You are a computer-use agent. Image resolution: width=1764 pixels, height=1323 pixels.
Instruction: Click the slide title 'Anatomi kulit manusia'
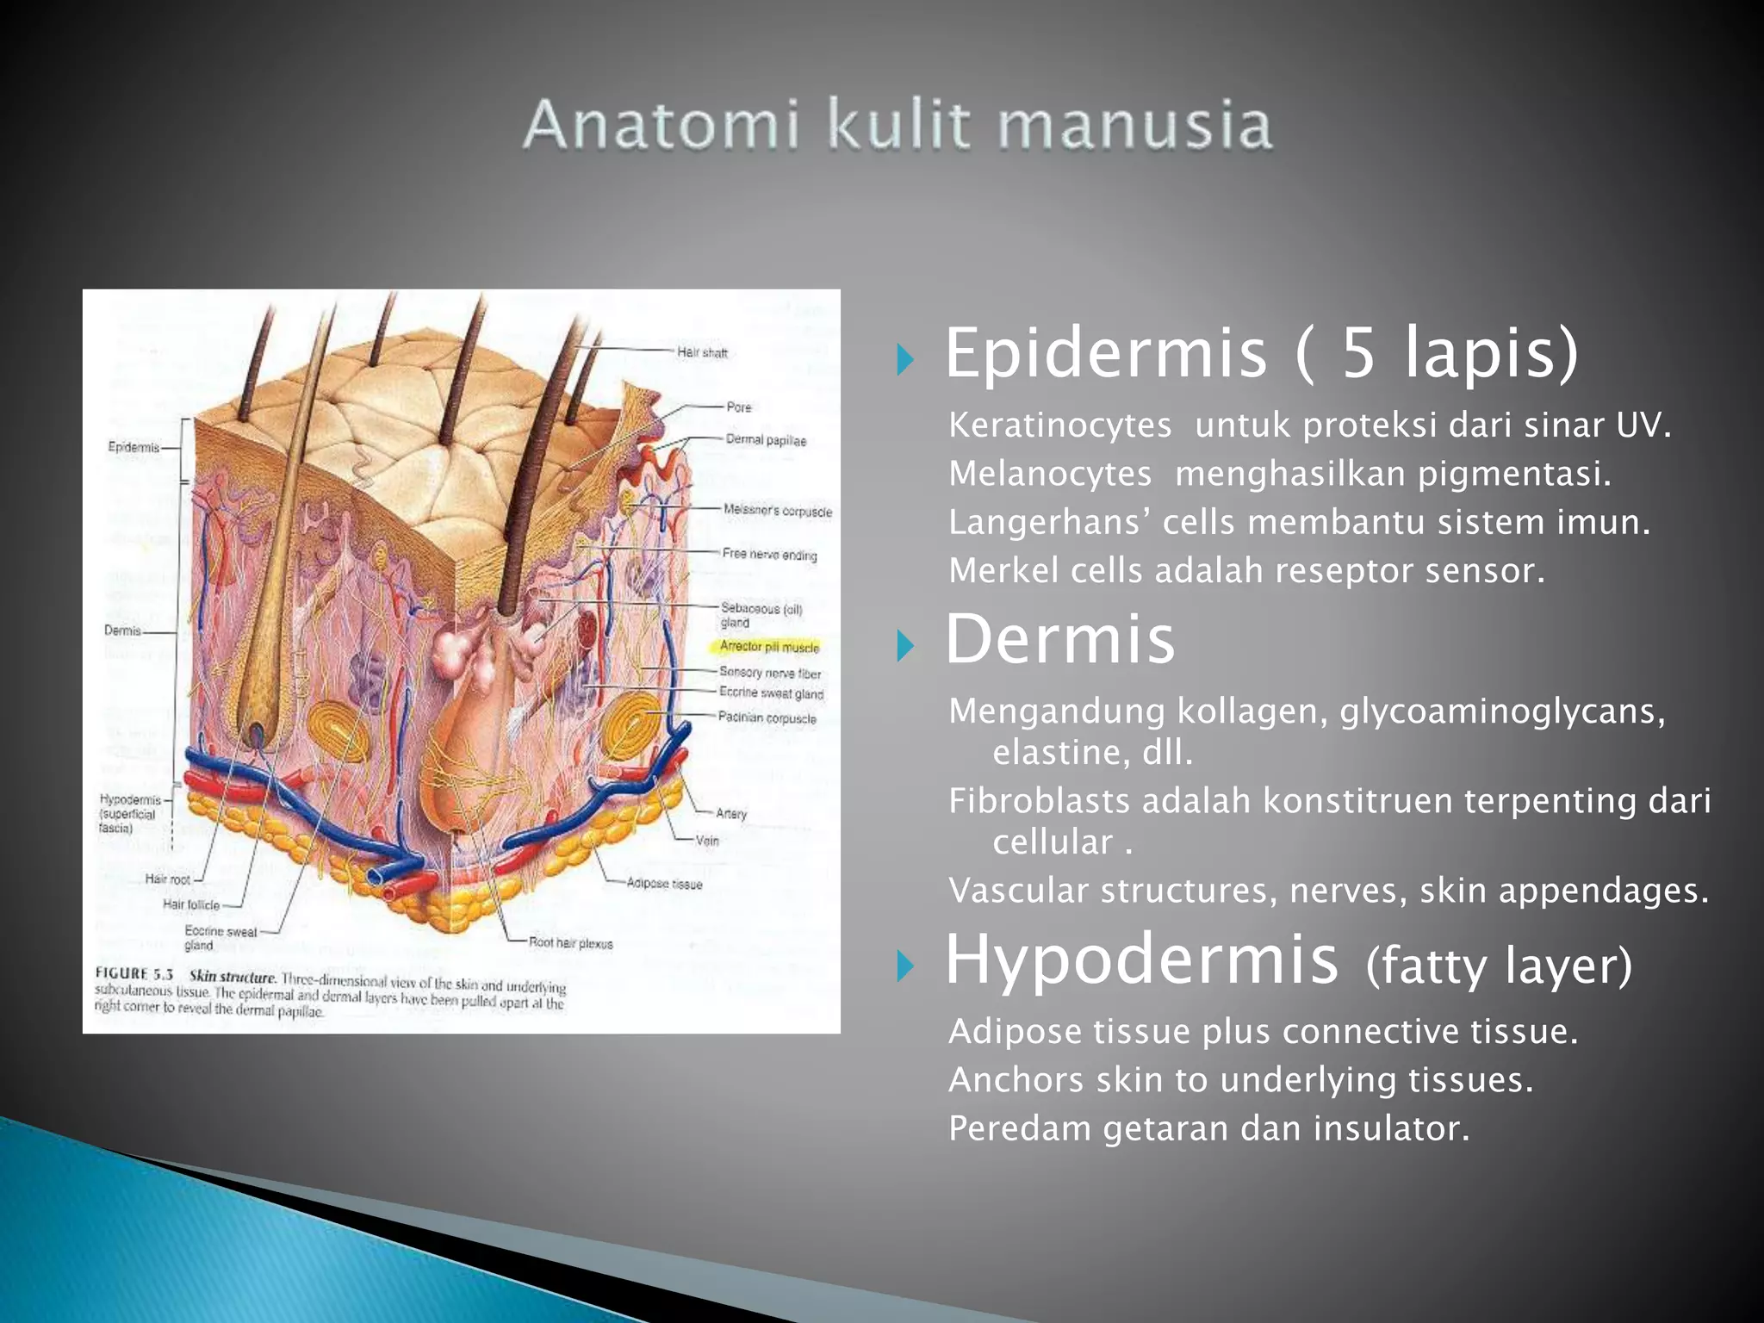(898, 125)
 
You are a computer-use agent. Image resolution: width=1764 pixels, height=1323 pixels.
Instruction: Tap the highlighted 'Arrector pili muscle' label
(769, 646)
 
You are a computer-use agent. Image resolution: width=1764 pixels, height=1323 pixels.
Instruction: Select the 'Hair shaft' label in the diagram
(702, 352)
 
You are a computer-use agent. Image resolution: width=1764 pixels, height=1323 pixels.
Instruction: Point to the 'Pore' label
(738, 407)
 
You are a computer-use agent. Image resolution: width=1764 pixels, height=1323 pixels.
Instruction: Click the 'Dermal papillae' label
(766, 440)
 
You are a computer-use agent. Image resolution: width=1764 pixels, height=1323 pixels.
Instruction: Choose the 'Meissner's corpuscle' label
(777, 511)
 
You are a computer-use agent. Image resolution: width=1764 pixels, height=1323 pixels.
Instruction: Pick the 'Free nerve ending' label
(769, 554)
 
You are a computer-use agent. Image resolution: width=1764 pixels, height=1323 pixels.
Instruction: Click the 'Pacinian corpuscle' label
(767, 717)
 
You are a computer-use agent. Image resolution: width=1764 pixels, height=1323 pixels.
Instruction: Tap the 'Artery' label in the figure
(731, 813)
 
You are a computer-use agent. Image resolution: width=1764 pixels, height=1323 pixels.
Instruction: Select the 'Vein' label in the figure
(707, 840)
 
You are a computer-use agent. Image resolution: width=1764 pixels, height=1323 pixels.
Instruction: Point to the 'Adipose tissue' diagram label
(664, 883)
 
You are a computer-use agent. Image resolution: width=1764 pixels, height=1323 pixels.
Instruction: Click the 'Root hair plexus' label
(570, 943)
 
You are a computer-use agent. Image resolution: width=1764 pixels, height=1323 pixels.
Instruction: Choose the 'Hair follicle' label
(191, 904)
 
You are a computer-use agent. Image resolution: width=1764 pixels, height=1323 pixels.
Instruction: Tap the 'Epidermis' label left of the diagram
(134, 447)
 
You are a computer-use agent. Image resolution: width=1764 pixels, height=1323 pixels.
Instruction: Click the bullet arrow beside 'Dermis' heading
(904, 645)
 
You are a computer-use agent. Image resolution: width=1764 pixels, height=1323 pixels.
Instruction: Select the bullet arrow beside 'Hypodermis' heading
(904, 966)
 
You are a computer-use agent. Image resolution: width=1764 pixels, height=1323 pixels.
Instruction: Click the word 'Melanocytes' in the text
(1050, 474)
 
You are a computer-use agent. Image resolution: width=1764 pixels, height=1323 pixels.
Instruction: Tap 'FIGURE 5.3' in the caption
(134, 974)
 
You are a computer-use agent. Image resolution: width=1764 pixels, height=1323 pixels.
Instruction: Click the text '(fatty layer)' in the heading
(1499, 966)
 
